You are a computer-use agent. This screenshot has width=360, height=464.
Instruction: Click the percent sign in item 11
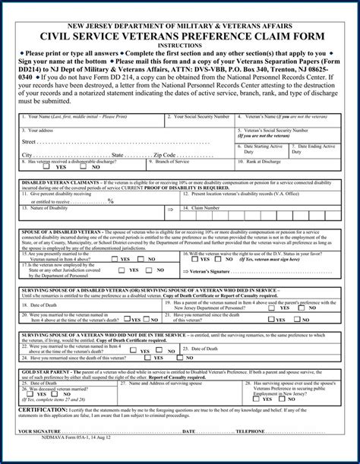pos(112,200)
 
